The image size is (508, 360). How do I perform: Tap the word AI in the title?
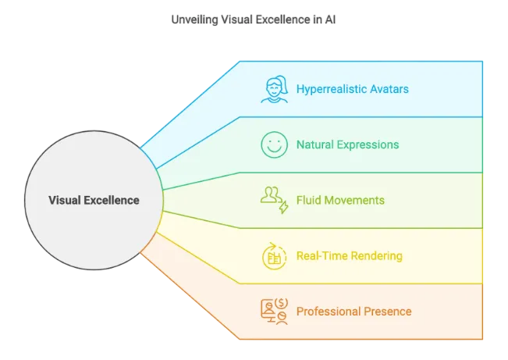click(x=330, y=20)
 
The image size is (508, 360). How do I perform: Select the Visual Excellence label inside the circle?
click(x=94, y=200)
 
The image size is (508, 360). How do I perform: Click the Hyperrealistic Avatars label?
click(x=353, y=89)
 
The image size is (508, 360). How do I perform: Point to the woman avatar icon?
click(x=275, y=89)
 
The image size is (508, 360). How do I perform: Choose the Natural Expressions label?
click(x=347, y=144)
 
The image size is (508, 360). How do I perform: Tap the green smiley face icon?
click(x=275, y=144)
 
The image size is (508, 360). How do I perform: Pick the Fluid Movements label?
click(x=340, y=200)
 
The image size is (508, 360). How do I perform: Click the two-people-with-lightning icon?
click(x=275, y=200)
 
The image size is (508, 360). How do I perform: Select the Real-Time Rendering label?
click(x=350, y=256)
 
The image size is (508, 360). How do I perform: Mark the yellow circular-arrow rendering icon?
click(x=275, y=256)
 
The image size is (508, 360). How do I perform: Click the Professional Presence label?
click(x=354, y=312)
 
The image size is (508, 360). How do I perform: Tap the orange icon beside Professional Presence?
click(x=275, y=312)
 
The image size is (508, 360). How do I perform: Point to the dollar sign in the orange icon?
click(x=281, y=303)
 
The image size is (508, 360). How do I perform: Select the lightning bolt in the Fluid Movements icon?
click(x=284, y=207)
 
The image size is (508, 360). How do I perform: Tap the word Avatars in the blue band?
click(x=389, y=89)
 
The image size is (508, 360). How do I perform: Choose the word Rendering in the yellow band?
click(x=376, y=256)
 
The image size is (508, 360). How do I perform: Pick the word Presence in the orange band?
click(x=388, y=312)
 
